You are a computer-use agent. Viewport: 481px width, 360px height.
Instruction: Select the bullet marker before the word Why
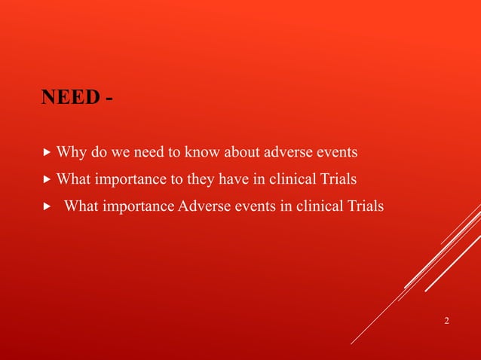pos(47,154)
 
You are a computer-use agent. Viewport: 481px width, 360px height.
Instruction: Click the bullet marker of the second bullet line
pos(47,180)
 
